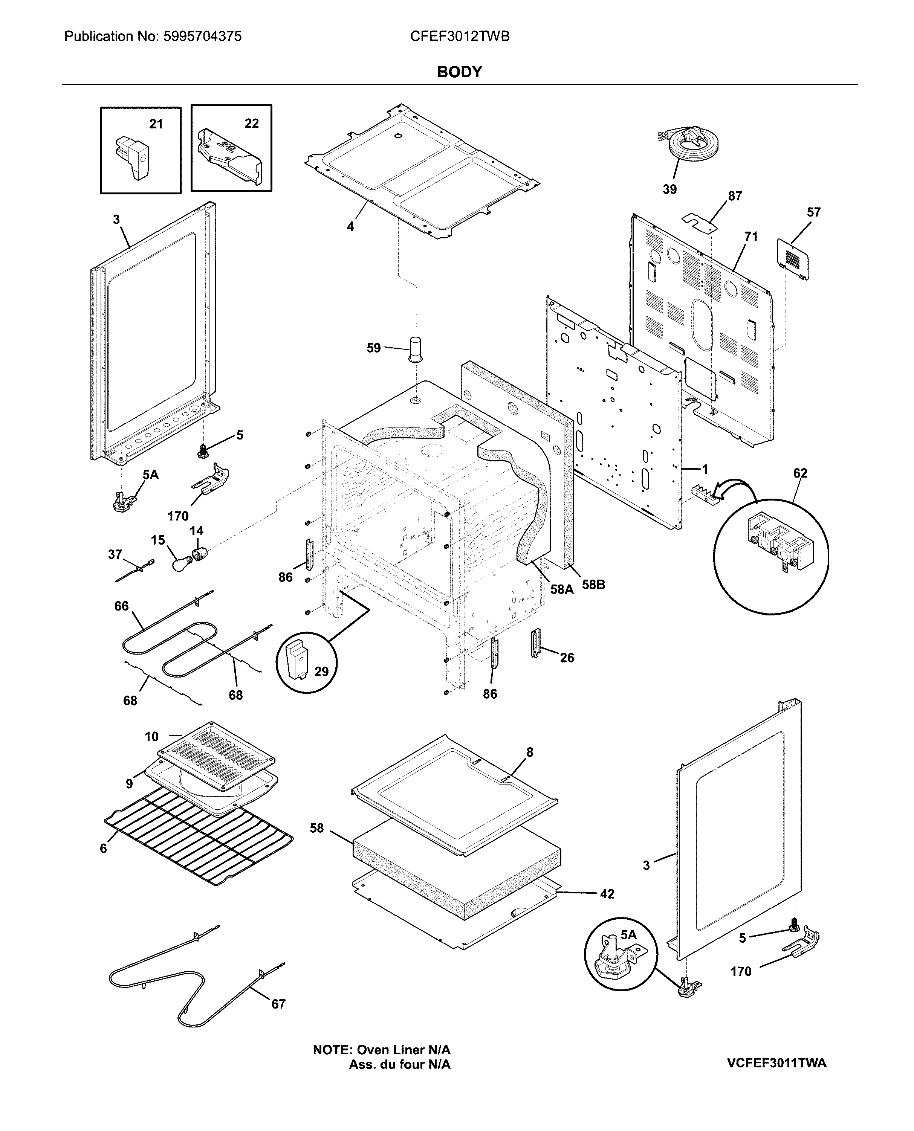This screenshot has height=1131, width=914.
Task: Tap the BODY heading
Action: pyautogui.click(x=459, y=72)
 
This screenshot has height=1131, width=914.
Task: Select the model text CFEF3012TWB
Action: pyautogui.click(x=459, y=36)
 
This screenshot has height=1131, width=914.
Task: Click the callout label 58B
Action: pyautogui.click(x=593, y=585)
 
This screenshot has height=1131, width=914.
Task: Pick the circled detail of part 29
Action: pyautogui.click(x=306, y=662)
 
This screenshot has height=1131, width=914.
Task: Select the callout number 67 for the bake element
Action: pyautogui.click(x=278, y=1004)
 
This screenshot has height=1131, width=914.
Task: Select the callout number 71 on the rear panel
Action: pyautogui.click(x=751, y=237)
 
